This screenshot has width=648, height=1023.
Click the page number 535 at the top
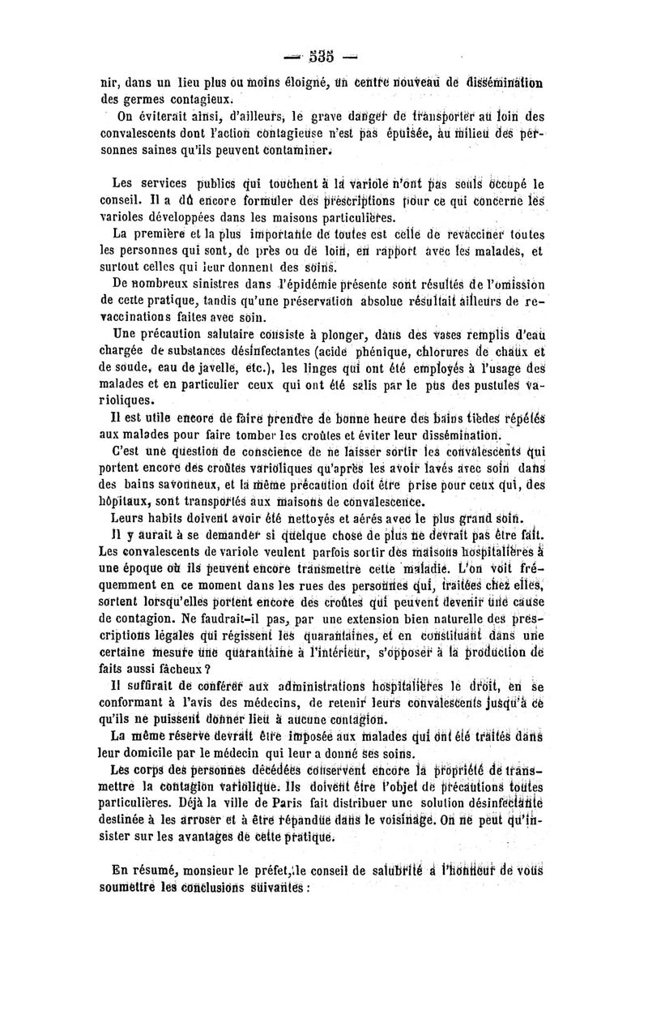tap(322, 56)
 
